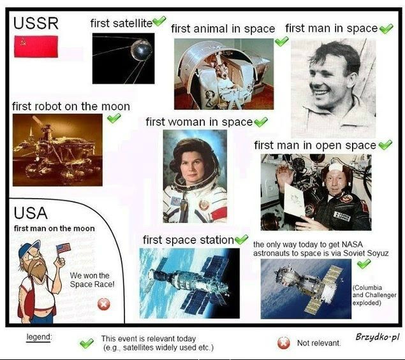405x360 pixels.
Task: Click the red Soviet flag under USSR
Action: [36, 47]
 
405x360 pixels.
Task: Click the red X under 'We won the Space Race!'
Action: [104, 305]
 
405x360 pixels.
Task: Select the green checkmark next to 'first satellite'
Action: [159, 20]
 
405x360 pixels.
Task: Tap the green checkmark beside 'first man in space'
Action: [386, 29]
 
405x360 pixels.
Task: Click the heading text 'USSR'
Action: [36, 23]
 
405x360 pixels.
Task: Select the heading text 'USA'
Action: [31, 213]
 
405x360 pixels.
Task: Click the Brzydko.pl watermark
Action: [378, 337]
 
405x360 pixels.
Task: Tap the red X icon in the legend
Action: [284, 343]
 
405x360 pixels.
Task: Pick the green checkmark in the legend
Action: [87, 343]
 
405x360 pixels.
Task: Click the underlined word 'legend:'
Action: [39, 337]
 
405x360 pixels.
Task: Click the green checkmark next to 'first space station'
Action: [241, 240]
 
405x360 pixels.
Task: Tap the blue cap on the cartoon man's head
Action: [29, 248]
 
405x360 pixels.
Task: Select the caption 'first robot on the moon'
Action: [71, 106]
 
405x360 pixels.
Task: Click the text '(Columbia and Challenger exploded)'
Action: [374, 295]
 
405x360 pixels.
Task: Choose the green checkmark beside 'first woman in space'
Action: [261, 122]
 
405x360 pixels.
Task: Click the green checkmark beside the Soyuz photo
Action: [364, 264]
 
